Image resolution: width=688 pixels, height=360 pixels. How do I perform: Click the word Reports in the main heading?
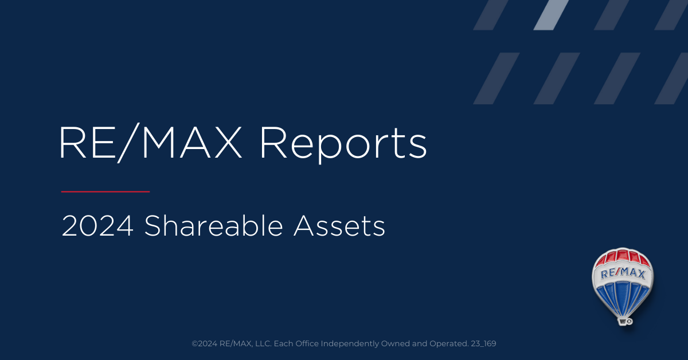343,144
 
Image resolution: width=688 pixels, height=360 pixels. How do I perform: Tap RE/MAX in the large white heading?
150,143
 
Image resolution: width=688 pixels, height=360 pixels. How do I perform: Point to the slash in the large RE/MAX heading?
128,143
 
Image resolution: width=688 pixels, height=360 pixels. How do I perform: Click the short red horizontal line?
105,191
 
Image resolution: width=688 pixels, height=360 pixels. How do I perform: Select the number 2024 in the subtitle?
97,226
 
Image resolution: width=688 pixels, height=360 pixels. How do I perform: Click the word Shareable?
213,226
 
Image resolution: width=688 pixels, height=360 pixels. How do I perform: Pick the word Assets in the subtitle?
339,226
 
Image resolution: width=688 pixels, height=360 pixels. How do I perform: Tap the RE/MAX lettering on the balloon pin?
623,273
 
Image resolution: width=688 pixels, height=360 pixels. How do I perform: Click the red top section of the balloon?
622,257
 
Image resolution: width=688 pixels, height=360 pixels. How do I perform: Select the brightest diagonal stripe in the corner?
551,15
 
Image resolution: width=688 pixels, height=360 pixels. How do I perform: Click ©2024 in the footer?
205,343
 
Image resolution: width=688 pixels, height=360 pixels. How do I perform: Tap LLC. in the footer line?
264,343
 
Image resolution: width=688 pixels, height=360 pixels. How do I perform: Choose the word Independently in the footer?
350,344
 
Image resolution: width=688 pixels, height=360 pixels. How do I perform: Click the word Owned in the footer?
395,343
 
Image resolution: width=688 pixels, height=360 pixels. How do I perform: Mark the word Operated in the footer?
449,344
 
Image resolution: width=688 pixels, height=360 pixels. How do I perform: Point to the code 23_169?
483,344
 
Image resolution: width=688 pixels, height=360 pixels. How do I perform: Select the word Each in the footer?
283,343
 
